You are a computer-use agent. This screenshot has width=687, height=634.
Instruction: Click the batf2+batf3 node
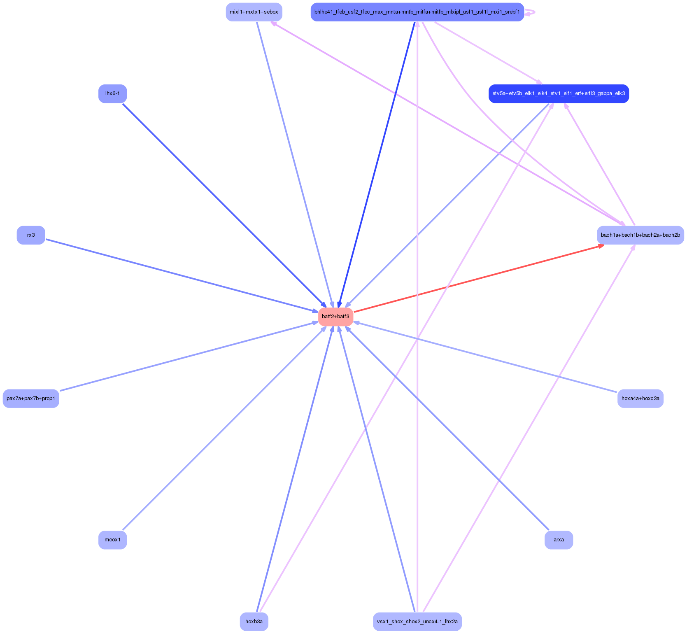coord(335,317)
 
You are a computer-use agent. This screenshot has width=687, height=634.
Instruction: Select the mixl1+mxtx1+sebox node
coord(254,12)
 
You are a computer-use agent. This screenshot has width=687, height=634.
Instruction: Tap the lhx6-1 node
coord(112,93)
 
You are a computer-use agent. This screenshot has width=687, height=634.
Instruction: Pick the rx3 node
coord(31,235)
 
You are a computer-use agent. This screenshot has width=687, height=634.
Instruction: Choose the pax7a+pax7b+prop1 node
coord(31,399)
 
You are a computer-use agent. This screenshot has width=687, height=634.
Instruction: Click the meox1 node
coord(112,540)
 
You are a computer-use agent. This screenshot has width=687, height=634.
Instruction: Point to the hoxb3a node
coord(254,621)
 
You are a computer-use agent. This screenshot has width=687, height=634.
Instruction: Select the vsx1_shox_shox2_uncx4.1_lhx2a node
coord(417,621)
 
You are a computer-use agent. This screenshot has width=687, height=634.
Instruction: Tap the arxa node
coord(559,540)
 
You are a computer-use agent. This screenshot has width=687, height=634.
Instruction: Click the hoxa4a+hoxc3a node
coord(640,399)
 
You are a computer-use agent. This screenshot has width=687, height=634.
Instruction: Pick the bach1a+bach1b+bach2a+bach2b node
coord(640,235)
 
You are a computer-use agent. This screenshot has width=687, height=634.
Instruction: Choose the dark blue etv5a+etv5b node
coord(559,93)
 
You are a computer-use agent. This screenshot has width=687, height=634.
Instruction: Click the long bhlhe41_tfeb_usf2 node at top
coord(417,12)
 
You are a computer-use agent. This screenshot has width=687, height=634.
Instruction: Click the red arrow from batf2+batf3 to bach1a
coord(477,279)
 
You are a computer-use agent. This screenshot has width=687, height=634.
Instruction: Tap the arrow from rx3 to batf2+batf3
coord(181,275)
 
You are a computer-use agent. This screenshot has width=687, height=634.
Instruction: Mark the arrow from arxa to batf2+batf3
coord(449,429)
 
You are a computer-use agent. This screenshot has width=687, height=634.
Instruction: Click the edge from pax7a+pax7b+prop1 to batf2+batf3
coord(187,357)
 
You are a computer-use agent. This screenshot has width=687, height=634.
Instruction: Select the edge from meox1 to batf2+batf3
coord(224,428)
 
